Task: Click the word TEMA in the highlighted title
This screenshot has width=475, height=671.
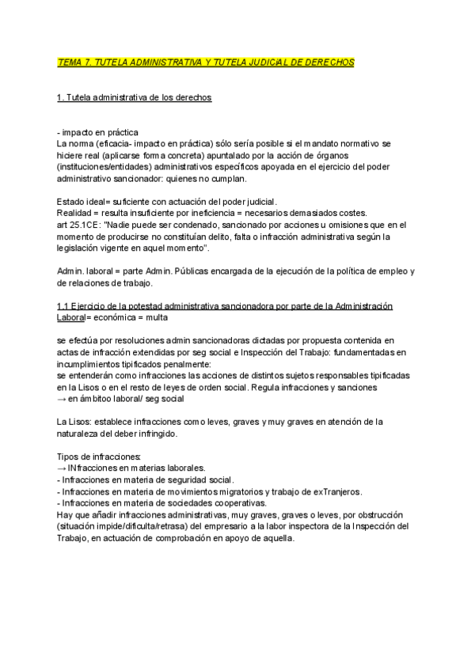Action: point(70,62)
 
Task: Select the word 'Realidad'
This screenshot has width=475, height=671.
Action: point(75,214)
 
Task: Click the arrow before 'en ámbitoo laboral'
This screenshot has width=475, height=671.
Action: point(63,400)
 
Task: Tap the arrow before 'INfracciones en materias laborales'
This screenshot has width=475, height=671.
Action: point(63,468)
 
